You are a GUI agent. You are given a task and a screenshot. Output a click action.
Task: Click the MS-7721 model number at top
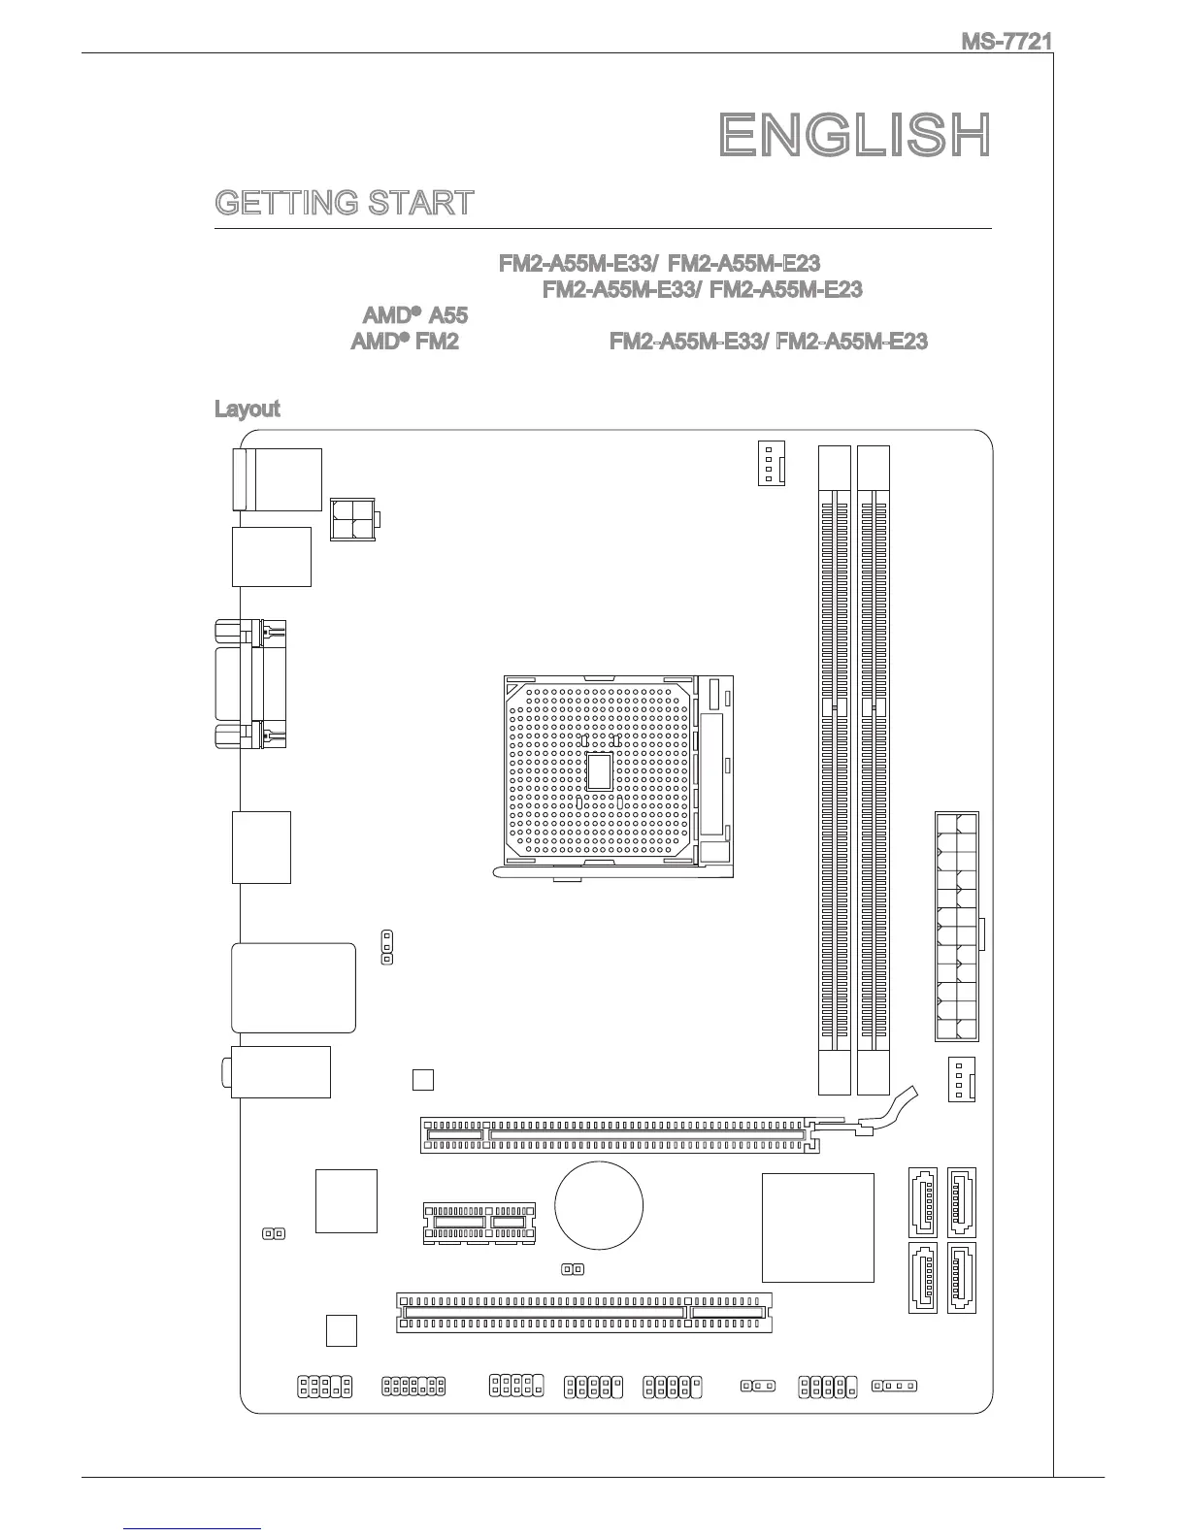(1006, 42)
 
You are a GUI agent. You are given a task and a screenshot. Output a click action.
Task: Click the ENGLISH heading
(855, 135)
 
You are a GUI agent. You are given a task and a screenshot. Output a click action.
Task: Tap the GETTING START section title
(345, 203)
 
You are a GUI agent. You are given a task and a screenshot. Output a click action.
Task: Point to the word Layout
(247, 409)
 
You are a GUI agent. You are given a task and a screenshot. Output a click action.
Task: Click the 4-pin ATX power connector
(354, 521)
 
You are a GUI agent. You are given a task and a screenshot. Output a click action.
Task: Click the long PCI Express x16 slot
(618, 1134)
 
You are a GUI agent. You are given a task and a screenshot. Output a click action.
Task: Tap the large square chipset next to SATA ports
(817, 1227)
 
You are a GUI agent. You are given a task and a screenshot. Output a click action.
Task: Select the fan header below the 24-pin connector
(960, 1080)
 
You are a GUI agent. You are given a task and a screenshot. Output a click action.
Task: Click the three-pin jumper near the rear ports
(387, 947)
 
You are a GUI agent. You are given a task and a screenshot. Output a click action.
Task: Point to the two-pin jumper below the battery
(573, 1269)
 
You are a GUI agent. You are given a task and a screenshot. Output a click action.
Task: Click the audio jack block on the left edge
(280, 1071)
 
